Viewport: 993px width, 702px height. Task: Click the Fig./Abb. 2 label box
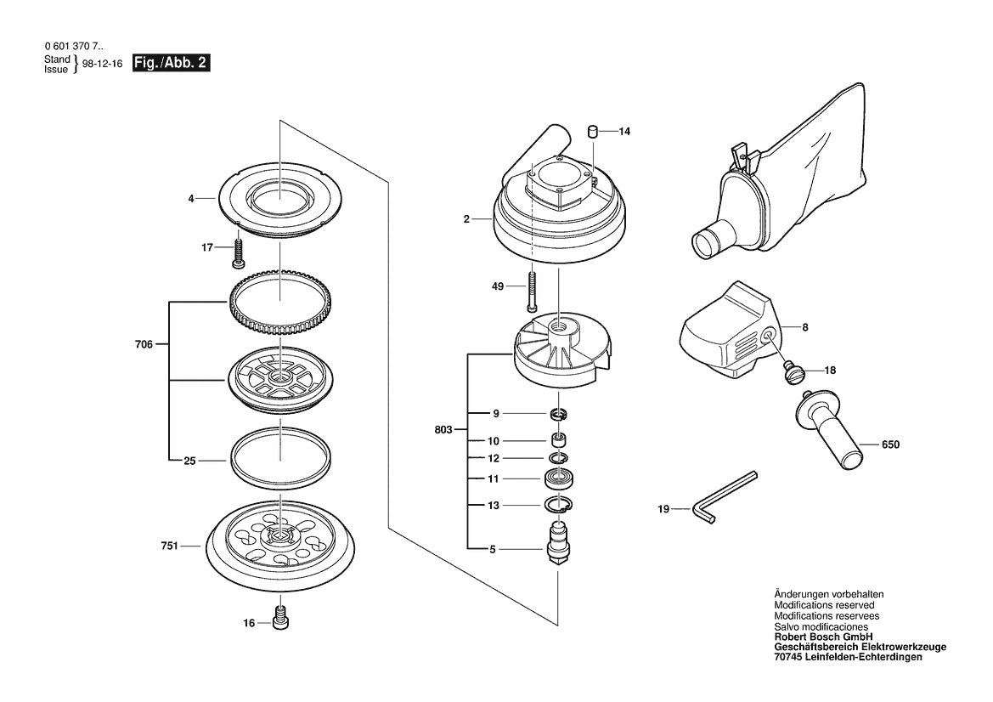click(172, 64)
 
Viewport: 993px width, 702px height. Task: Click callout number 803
click(442, 430)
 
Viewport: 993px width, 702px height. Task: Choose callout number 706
click(144, 344)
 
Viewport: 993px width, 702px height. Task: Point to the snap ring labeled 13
click(558, 507)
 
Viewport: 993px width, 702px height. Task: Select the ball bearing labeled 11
click(558, 478)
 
